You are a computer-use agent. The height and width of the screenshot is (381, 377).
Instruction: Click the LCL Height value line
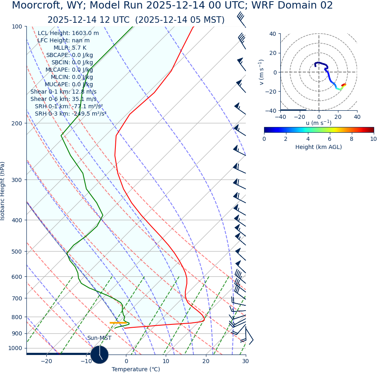pos(68,33)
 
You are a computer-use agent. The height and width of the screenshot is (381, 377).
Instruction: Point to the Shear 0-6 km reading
pos(63,99)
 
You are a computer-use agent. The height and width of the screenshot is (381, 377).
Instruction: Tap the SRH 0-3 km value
pos(70,114)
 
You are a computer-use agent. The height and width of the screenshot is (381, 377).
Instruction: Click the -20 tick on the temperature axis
pos(46,361)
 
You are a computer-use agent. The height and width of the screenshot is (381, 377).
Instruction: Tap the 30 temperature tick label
pos(245,361)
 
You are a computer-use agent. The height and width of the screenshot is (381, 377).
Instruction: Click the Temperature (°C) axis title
pos(136,369)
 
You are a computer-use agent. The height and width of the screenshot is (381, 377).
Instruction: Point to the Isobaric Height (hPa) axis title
pos(3,191)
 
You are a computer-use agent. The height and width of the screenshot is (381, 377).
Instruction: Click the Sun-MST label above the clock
pos(99,338)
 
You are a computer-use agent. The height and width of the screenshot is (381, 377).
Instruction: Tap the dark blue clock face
pos(99,355)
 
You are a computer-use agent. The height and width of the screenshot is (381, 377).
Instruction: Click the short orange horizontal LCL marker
pos(118,323)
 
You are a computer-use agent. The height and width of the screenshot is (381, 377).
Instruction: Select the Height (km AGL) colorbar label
pos(318,147)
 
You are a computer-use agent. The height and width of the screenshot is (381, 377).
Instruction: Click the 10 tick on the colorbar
pos(373,139)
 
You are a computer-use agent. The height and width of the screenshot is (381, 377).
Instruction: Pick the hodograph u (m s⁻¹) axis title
pos(318,123)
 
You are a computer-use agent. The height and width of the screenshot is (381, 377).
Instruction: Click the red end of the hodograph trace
pos(344,85)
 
